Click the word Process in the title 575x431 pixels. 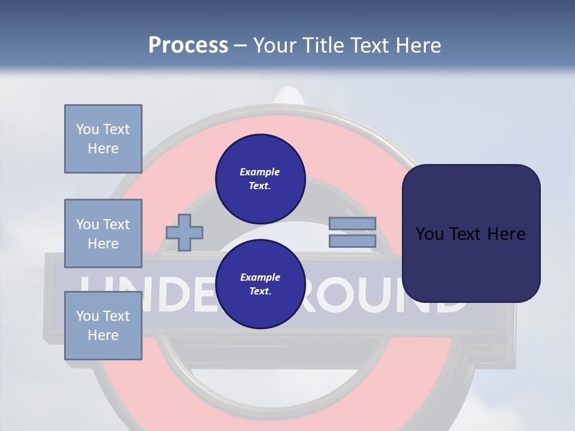(188, 45)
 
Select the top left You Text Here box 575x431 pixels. (103, 139)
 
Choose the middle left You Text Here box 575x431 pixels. (103, 233)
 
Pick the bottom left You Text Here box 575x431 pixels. (103, 325)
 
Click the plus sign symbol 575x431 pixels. (184, 232)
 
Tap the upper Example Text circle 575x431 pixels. (260, 178)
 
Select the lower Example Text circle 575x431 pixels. (260, 284)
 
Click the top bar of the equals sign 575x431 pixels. (352, 224)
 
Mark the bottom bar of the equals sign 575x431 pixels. (352, 241)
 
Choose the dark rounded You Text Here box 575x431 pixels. (471, 233)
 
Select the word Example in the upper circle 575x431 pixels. (260, 172)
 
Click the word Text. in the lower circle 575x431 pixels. (260, 291)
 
